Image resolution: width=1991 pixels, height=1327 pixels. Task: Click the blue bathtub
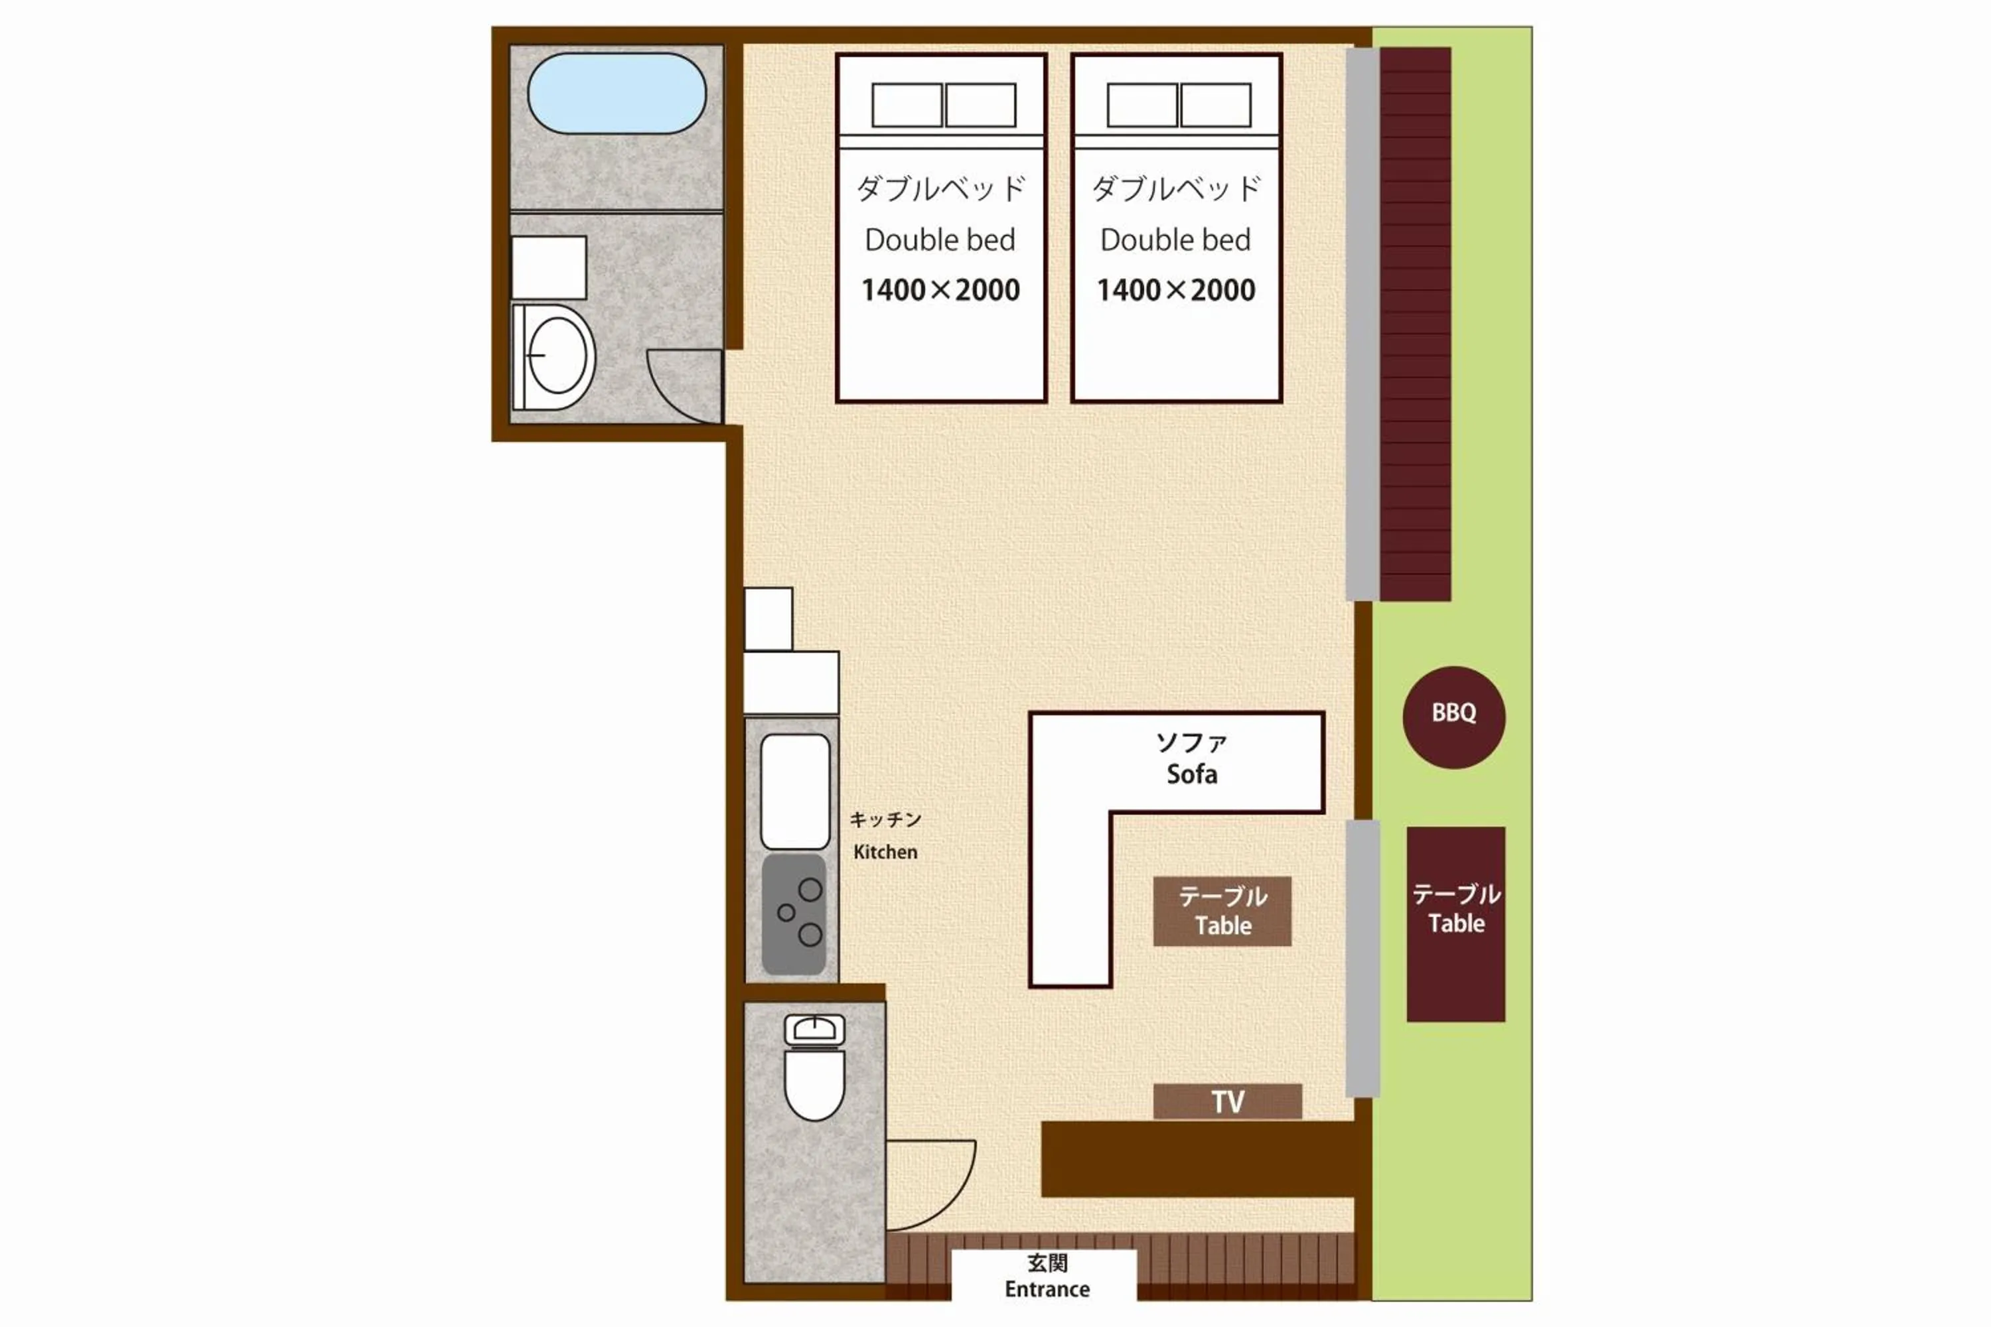pos(617,93)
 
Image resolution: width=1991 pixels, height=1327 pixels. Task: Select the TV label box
pos(1227,1101)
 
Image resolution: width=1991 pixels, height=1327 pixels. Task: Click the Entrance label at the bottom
pos(1047,1289)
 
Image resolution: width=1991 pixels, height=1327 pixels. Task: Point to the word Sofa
pos(1192,774)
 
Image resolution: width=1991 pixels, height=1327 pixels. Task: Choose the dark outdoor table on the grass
pos(1456,924)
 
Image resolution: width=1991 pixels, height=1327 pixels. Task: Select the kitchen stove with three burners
pos(794,914)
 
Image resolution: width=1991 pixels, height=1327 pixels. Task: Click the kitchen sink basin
pos(795,792)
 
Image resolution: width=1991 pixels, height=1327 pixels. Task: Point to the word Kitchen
pos(885,852)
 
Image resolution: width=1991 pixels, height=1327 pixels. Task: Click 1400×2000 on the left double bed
pos(940,291)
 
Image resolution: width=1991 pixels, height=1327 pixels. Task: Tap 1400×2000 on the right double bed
pos(1176,291)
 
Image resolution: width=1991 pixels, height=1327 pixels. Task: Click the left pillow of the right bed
pos(1142,105)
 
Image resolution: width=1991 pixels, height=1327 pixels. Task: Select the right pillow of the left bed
pos(980,105)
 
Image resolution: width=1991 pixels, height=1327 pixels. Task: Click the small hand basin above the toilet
pos(814,1029)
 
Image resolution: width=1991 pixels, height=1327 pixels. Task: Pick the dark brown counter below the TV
pos(1198,1158)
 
